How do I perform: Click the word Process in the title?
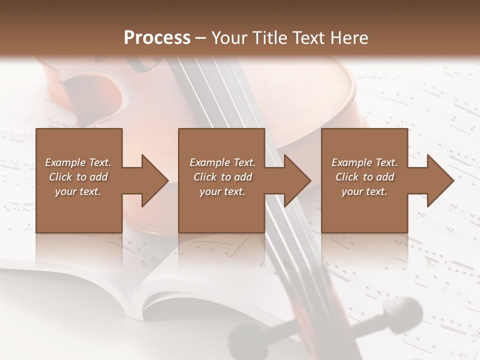[157, 38]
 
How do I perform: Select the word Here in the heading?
[348, 38]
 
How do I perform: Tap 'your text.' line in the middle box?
[222, 191]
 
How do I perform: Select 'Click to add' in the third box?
[364, 177]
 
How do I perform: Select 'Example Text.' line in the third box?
[364, 162]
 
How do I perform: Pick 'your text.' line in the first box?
[78, 191]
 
